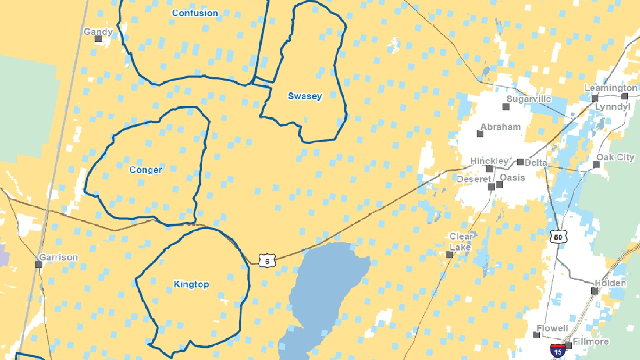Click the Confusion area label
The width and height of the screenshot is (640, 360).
click(195, 13)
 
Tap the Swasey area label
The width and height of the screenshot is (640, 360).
click(304, 96)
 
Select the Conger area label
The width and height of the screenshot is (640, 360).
click(145, 170)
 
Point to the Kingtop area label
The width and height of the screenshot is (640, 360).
click(191, 284)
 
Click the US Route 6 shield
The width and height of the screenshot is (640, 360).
click(266, 261)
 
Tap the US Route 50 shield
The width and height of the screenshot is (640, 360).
click(559, 236)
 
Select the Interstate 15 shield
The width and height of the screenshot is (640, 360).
click(558, 351)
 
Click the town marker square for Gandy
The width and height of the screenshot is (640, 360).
click(98, 39)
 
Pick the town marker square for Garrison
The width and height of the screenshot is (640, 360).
click(39, 264)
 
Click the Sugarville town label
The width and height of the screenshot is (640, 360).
click(528, 99)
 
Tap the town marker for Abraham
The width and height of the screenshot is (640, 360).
click(480, 134)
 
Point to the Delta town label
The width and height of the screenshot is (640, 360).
click(536, 162)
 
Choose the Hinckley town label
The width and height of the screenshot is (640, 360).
click(489, 161)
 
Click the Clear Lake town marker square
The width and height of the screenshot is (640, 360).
click(449, 255)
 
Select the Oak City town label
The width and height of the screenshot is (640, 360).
click(615, 157)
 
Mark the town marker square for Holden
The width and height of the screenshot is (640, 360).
click(595, 291)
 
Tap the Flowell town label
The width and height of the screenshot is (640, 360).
click(552, 328)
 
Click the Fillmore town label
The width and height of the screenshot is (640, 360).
click(591, 341)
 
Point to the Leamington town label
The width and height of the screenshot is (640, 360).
click(610, 88)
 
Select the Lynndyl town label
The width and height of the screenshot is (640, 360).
click(613, 107)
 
